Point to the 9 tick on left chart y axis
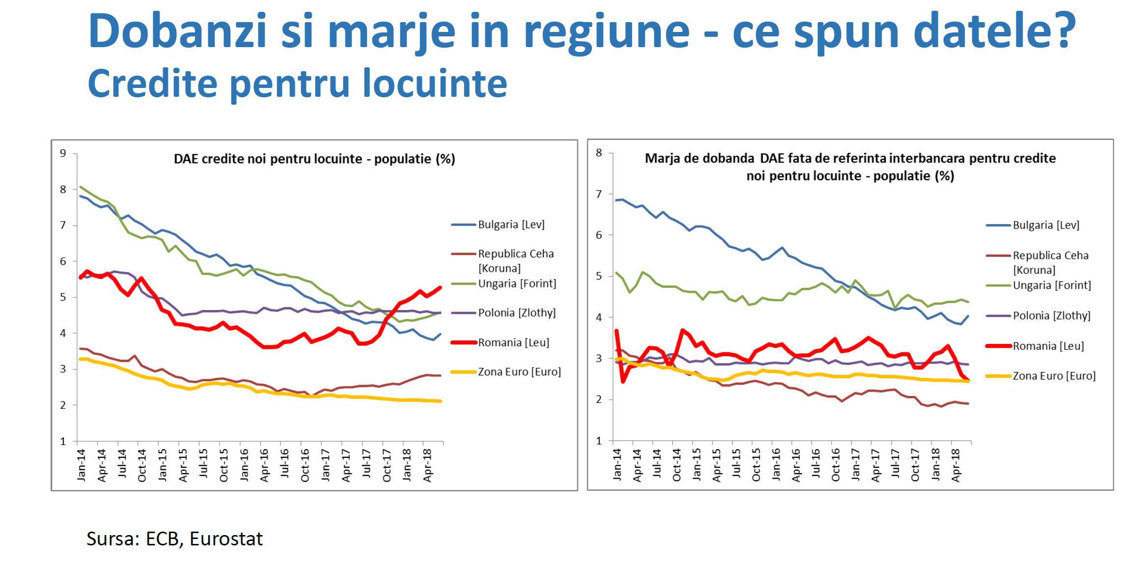[63, 153]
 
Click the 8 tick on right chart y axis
[599, 153]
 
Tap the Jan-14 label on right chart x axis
[617, 464]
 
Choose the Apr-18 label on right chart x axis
[956, 465]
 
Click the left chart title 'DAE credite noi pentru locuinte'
[314, 159]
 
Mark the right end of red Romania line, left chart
[440, 287]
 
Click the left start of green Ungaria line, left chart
[81, 187]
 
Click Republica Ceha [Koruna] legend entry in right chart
[1050, 262]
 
